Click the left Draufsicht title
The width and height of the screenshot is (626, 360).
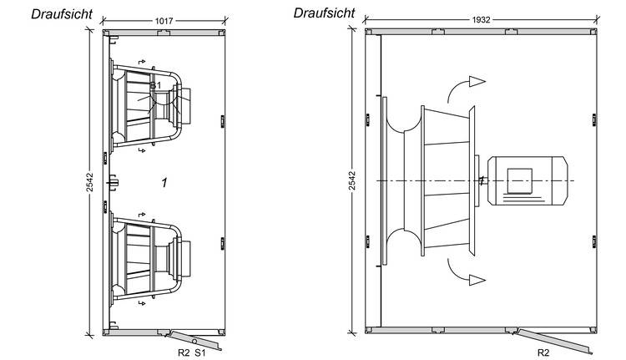62,14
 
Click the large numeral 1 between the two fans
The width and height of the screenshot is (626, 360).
164,182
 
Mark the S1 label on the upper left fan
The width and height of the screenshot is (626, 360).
155,85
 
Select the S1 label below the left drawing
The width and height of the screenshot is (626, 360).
200,353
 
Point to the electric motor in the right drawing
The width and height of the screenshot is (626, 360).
517,180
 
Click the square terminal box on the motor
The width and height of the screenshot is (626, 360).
519,179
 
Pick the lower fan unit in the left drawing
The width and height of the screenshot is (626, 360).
150,257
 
